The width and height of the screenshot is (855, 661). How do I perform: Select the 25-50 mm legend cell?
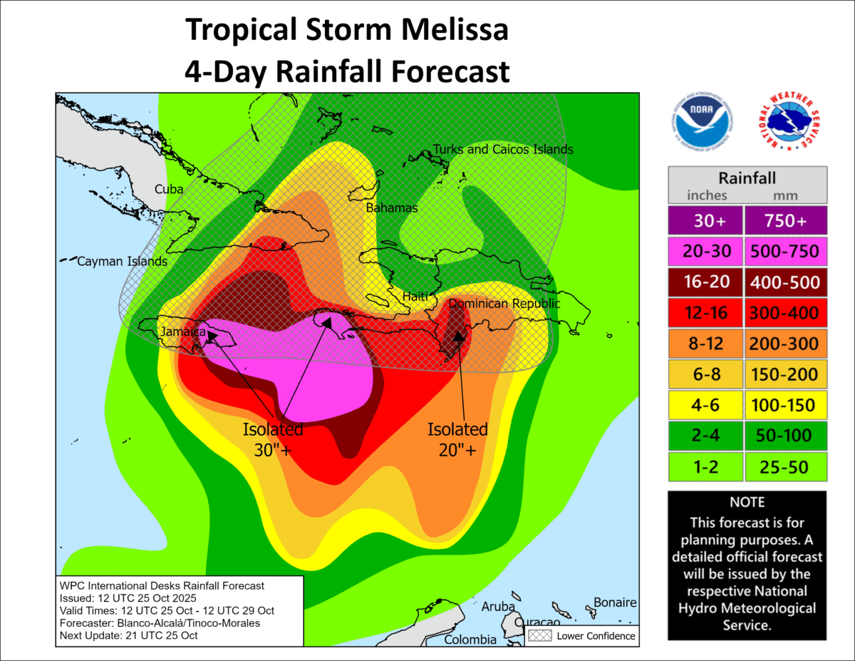point(784,466)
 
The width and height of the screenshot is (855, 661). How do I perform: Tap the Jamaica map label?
point(182,332)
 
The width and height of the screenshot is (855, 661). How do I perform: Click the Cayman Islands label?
point(113,262)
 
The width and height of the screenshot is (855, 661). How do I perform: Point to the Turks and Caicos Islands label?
point(502,150)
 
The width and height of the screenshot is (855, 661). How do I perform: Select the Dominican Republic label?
point(504,304)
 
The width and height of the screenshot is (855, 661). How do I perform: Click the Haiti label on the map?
point(415,295)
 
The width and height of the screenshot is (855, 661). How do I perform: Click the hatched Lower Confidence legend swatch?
point(539,635)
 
